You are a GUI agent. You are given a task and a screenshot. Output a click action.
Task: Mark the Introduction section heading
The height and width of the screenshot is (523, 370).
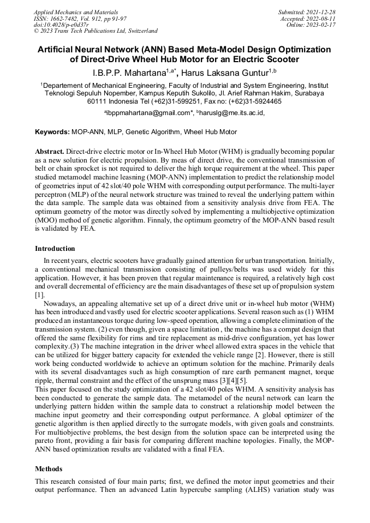[55, 249]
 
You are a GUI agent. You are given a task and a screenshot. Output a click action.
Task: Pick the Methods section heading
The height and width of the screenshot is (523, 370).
[49, 468]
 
